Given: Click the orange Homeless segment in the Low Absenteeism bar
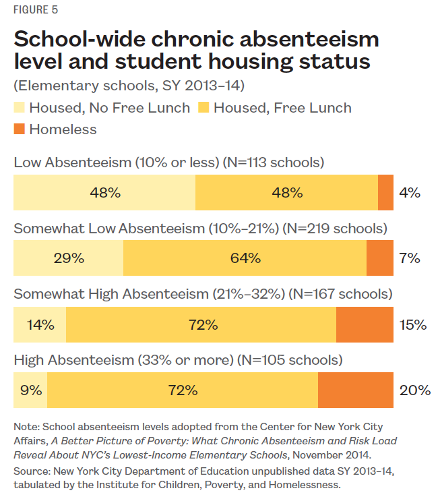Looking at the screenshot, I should (385, 192).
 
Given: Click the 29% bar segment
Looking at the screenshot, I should (69, 258).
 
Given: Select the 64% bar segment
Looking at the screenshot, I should (245, 258).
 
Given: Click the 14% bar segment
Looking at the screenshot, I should (40, 324).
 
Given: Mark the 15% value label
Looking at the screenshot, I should (412, 324).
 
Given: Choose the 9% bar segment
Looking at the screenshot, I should (31, 390).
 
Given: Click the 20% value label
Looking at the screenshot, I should (414, 390).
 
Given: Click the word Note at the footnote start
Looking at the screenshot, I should (26, 426).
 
